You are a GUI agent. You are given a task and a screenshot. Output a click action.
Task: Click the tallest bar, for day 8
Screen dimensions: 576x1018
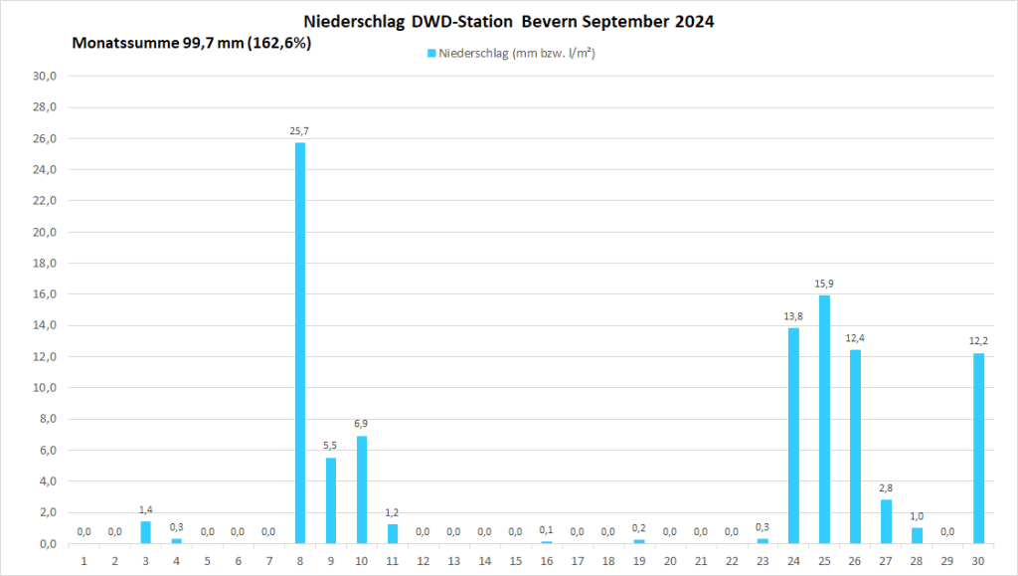click(x=299, y=343)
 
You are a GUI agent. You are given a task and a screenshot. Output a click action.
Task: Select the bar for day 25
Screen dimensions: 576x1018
click(x=824, y=419)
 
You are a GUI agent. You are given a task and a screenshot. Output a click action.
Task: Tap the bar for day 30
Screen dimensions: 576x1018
click(x=978, y=448)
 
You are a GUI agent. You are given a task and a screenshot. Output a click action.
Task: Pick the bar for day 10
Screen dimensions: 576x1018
click(x=361, y=489)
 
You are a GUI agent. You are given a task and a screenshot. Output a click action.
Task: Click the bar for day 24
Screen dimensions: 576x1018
click(x=793, y=436)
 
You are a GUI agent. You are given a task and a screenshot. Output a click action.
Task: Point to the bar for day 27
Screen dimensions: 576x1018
click(x=886, y=521)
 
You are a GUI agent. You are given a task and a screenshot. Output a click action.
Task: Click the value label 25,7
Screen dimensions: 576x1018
click(x=299, y=131)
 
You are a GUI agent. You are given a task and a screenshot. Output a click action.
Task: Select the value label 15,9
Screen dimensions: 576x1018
click(x=824, y=284)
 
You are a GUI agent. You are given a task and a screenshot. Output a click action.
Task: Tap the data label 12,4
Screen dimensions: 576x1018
click(x=855, y=338)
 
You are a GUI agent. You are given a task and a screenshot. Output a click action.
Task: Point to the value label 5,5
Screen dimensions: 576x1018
click(x=330, y=446)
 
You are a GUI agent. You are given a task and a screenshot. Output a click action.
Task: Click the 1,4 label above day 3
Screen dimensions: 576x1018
click(x=145, y=509)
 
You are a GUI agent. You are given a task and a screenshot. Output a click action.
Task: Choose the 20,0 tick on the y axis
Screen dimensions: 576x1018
click(x=47, y=232)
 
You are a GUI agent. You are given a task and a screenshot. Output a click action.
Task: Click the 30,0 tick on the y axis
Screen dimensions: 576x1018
click(x=47, y=76)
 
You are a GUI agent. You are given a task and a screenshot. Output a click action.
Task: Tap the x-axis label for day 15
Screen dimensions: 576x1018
click(x=515, y=561)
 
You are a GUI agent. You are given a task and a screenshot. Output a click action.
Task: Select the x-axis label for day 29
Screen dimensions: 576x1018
click(x=947, y=561)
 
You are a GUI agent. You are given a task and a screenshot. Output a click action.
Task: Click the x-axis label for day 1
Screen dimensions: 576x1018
click(x=84, y=561)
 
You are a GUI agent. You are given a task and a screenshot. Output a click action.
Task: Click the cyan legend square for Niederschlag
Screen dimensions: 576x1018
click(x=432, y=53)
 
